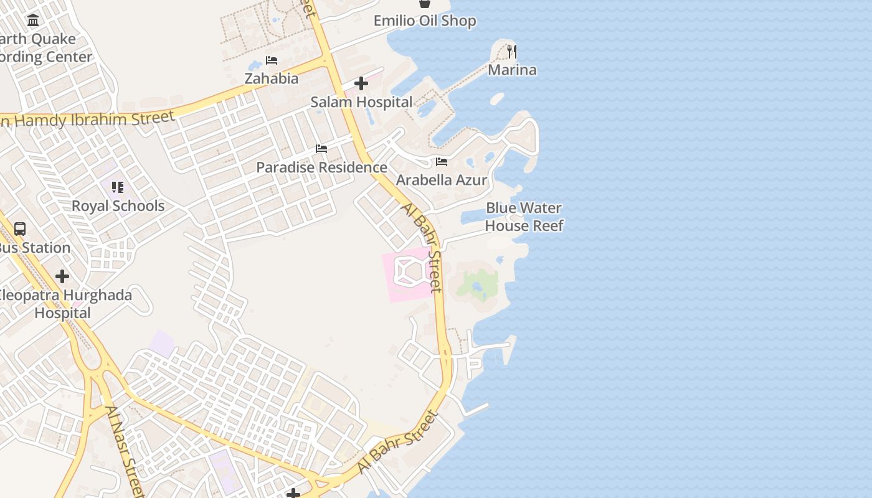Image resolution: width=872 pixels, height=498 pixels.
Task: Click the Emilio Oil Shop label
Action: coord(424,21)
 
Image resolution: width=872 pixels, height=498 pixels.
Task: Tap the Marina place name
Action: coord(512,70)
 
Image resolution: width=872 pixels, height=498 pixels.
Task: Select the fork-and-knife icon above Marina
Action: coord(512,51)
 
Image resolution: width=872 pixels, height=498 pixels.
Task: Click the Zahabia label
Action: coord(271,79)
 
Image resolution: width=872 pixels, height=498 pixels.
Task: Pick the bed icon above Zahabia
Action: coord(272,60)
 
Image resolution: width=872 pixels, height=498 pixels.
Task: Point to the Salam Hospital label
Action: coord(361,102)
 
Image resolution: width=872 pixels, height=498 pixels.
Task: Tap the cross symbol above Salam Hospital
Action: coord(361,83)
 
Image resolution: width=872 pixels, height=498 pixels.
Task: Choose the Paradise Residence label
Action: coord(321,167)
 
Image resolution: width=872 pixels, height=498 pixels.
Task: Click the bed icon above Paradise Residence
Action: coord(321,149)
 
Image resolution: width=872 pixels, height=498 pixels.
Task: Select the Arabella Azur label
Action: coord(442,181)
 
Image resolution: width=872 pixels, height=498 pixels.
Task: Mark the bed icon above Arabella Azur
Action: coord(442,162)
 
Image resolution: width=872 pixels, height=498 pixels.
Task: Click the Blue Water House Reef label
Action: coord(524,217)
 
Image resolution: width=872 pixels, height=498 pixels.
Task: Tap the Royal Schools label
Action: coord(118,206)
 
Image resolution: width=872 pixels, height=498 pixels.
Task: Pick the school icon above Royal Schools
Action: coord(118,187)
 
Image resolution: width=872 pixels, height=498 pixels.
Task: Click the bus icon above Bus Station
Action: coord(20,229)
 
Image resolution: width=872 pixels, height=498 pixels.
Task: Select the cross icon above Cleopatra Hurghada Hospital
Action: coord(62,276)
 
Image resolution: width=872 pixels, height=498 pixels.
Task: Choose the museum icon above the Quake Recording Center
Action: coord(33,21)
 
